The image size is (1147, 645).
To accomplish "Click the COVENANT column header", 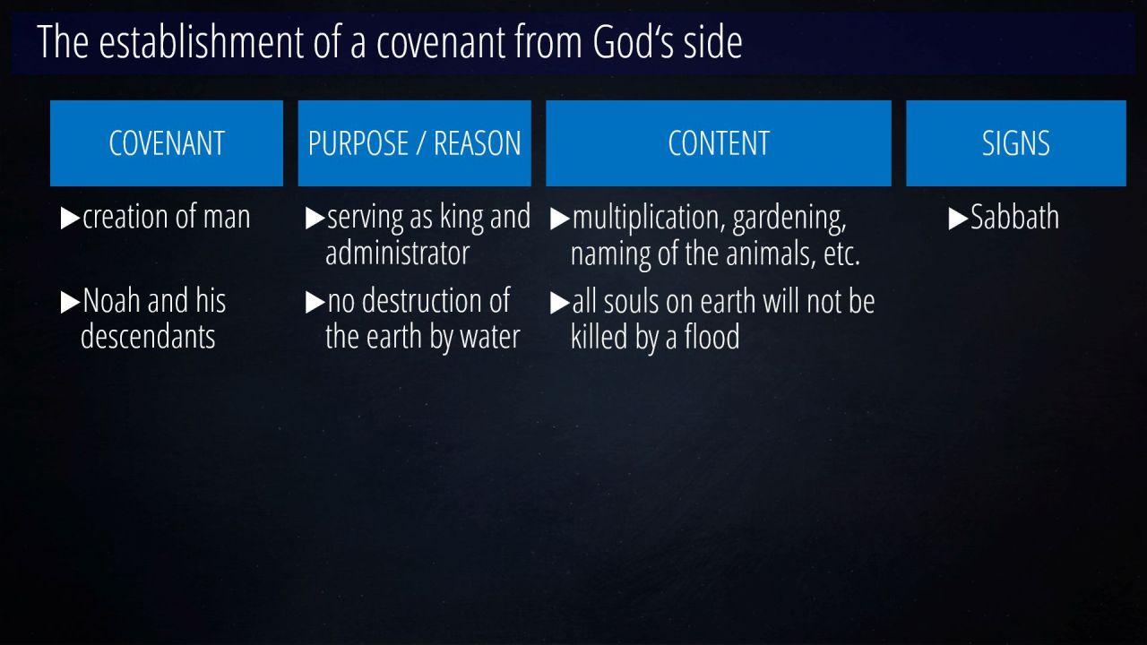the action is tap(167, 142).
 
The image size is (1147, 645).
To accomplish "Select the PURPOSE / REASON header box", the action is tap(414, 142).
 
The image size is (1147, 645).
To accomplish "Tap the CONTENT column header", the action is tap(719, 142).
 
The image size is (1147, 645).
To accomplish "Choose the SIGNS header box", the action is tap(1016, 142).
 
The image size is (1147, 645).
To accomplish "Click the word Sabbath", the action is tap(1015, 217).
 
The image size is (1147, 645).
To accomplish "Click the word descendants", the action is tap(148, 336).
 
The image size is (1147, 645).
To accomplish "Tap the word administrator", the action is tap(397, 253).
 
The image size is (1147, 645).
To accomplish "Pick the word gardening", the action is tap(789, 218).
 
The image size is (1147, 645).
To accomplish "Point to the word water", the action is tap(490, 338).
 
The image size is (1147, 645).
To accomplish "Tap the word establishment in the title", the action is tap(203, 41).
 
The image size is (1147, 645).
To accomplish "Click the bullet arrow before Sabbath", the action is tap(958, 219).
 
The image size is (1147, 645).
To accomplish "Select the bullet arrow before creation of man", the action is tap(70, 218).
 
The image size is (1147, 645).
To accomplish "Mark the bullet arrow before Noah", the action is tap(70, 302).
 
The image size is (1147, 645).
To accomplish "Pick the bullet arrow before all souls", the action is tap(560, 302).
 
